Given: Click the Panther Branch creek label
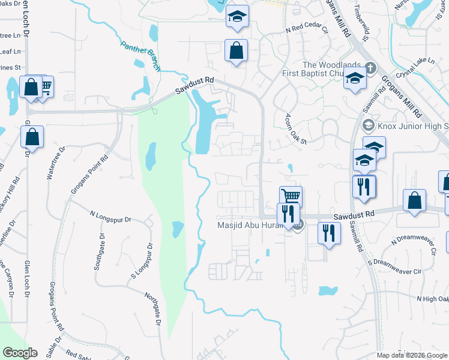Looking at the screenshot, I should coord(141,56).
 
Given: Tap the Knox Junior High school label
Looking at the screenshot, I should coord(412,126).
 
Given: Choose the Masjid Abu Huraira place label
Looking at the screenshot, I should coord(255,226).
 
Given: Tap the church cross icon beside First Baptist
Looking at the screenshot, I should coord(370,66).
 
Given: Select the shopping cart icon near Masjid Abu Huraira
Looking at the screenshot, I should coord(291,196).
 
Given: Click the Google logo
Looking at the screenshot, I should coord(20,353).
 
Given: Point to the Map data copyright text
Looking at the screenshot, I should coord(412,355).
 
